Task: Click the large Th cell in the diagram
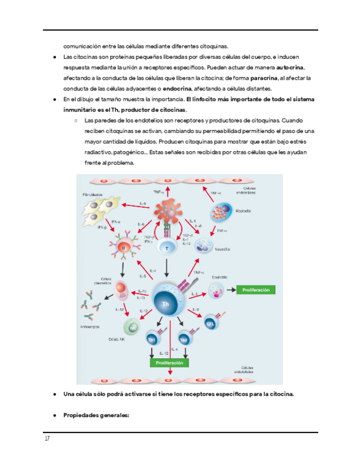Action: pyautogui.click(x=165, y=301)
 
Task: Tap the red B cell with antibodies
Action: pyautogui.click(x=123, y=248)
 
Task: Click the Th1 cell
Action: pyautogui.click(x=152, y=339)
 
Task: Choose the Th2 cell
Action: pyautogui.click(x=184, y=339)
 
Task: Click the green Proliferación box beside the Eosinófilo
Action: pyautogui.click(x=256, y=290)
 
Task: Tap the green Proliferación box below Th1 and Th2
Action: pyautogui.click(x=170, y=363)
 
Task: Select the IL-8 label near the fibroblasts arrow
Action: pyautogui.click(x=142, y=204)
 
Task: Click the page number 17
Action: pyautogui.click(x=48, y=439)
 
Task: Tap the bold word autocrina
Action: pyautogui.click(x=291, y=68)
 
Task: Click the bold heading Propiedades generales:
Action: pyautogui.click(x=96, y=415)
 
